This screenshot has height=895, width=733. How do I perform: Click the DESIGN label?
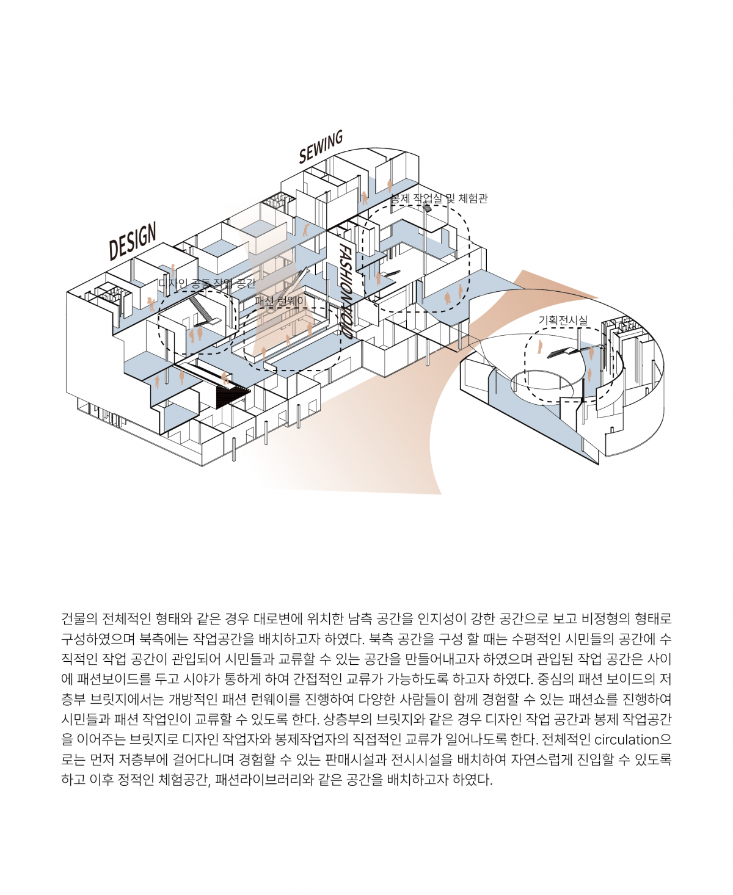(x=133, y=241)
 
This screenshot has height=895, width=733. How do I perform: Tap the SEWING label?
(x=321, y=148)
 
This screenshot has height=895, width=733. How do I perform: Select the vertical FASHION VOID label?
(x=346, y=291)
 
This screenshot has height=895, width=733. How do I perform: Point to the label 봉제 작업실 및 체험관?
(x=439, y=198)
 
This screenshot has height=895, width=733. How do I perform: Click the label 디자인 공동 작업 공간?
(x=206, y=283)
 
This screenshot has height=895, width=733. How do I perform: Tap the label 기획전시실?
(x=563, y=320)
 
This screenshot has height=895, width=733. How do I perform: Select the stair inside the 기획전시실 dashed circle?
(x=561, y=352)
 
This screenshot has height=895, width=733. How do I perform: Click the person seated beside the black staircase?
(x=225, y=378)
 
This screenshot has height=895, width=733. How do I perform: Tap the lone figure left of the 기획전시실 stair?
(x=540, y=347)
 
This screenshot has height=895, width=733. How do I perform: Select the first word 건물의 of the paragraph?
(x=79, y=619)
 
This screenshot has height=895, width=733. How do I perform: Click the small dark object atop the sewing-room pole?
(x=427, y=208)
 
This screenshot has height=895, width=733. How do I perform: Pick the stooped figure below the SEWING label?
(x=305, y=230)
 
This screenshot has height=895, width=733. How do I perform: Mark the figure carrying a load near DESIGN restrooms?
(x=150, y=303)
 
